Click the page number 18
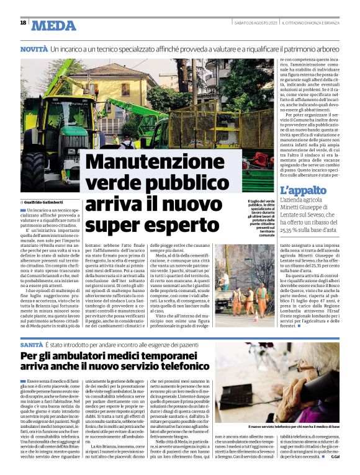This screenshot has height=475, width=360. pyautogui.click(x=23, y=23)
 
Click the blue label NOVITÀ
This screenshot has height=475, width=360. pyautogui.click(x=34, y=48)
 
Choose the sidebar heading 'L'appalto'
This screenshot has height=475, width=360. pyautogui.click(x=303, y=190)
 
